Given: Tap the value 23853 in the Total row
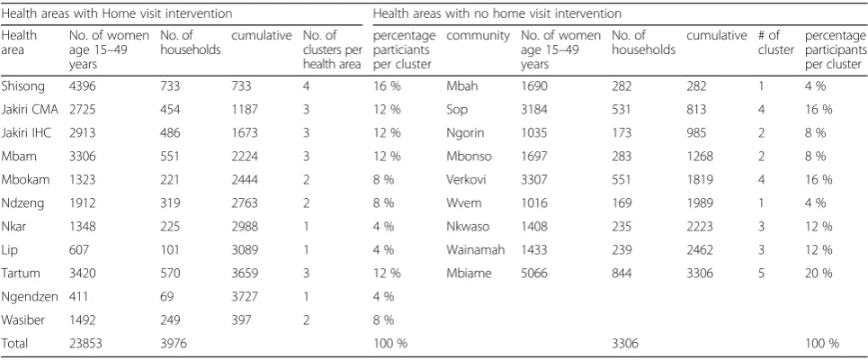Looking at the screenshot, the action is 85,344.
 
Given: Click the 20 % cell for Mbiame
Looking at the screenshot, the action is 819,273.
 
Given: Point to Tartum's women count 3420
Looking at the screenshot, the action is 82,273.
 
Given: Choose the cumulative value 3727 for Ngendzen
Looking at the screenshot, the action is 245,296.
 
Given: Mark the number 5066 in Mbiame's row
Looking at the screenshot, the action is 534,273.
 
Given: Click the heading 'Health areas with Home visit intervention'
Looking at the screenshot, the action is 117,13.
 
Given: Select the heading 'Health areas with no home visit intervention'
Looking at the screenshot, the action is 497,13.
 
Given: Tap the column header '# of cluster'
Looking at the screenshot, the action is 776,42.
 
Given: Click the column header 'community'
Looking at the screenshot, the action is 478,37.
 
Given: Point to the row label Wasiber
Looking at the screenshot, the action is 22,319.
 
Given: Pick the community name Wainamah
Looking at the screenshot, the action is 476,250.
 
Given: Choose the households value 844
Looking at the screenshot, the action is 622,273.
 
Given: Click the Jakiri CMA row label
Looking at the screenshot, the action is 30,110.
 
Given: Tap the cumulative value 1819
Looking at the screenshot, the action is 700,179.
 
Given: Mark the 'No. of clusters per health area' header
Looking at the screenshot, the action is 332,49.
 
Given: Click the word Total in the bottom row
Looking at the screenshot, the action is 14,344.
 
